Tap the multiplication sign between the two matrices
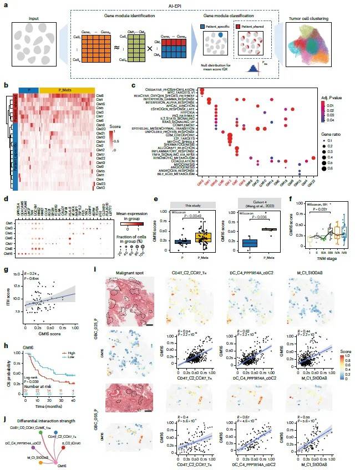tap(145, 39)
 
